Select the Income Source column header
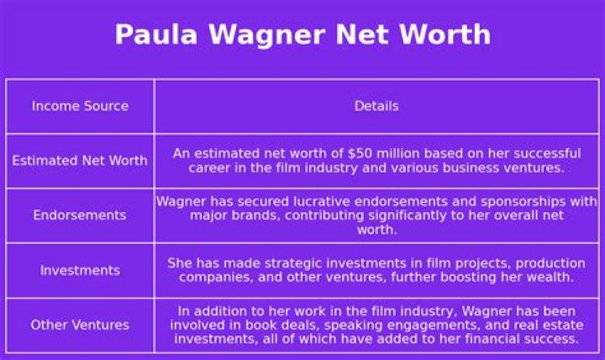click(80, 106)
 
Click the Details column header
click(376, 106)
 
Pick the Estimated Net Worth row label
click(80, 161)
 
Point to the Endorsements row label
click(80, 215)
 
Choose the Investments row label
click(80, 270)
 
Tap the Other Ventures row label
click(80, 325)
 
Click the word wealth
click(549, 278)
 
